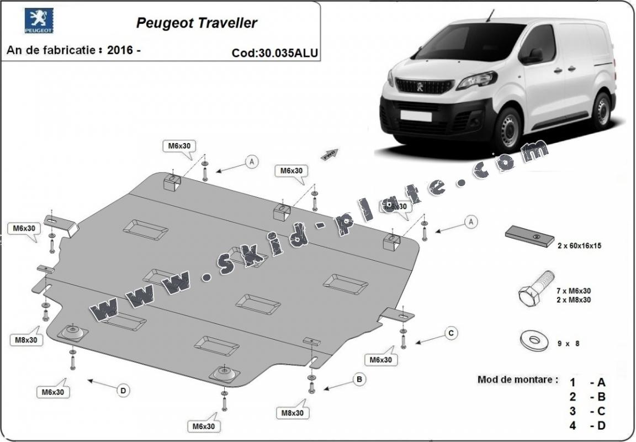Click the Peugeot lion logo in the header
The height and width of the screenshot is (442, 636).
pos(39,21)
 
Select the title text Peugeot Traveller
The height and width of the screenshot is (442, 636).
pos(196,23)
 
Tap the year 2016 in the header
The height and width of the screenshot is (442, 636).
pos(121,50)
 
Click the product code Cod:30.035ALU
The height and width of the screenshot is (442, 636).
pos(275,53)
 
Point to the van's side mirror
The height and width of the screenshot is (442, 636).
pos(534,55)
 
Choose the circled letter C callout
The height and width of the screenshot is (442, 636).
pos(451,333)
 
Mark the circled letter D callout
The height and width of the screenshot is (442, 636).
pos(123,391)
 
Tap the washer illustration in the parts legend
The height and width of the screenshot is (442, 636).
pos(533,340)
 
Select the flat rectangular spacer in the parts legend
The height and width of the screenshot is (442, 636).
pos(529,236)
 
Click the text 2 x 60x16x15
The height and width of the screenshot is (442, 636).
pos(579,246)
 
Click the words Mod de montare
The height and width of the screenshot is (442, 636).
pos(517,380)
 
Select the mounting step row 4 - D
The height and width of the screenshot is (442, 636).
pos(587,425)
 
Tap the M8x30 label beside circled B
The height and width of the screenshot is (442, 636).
pos(293,412)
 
